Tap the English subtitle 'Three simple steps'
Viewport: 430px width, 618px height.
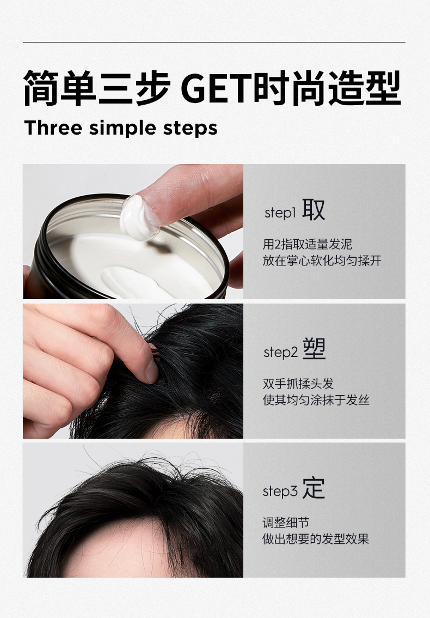click(121, 128)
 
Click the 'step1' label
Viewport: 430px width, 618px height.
click(280, 213)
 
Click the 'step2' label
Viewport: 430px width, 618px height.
click(280, 352)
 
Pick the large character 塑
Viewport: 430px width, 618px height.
click(314, 349)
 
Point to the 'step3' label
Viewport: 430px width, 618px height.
click(280, 491)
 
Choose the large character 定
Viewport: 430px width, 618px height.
click(314, 488)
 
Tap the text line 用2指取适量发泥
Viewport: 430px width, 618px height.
click(308, 244)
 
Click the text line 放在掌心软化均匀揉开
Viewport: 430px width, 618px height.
click(322, 260)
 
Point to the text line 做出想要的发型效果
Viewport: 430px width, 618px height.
click(316, 539)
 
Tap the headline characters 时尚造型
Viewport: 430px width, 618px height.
click(327, 88)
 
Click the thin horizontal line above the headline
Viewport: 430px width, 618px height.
click(214, 42)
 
